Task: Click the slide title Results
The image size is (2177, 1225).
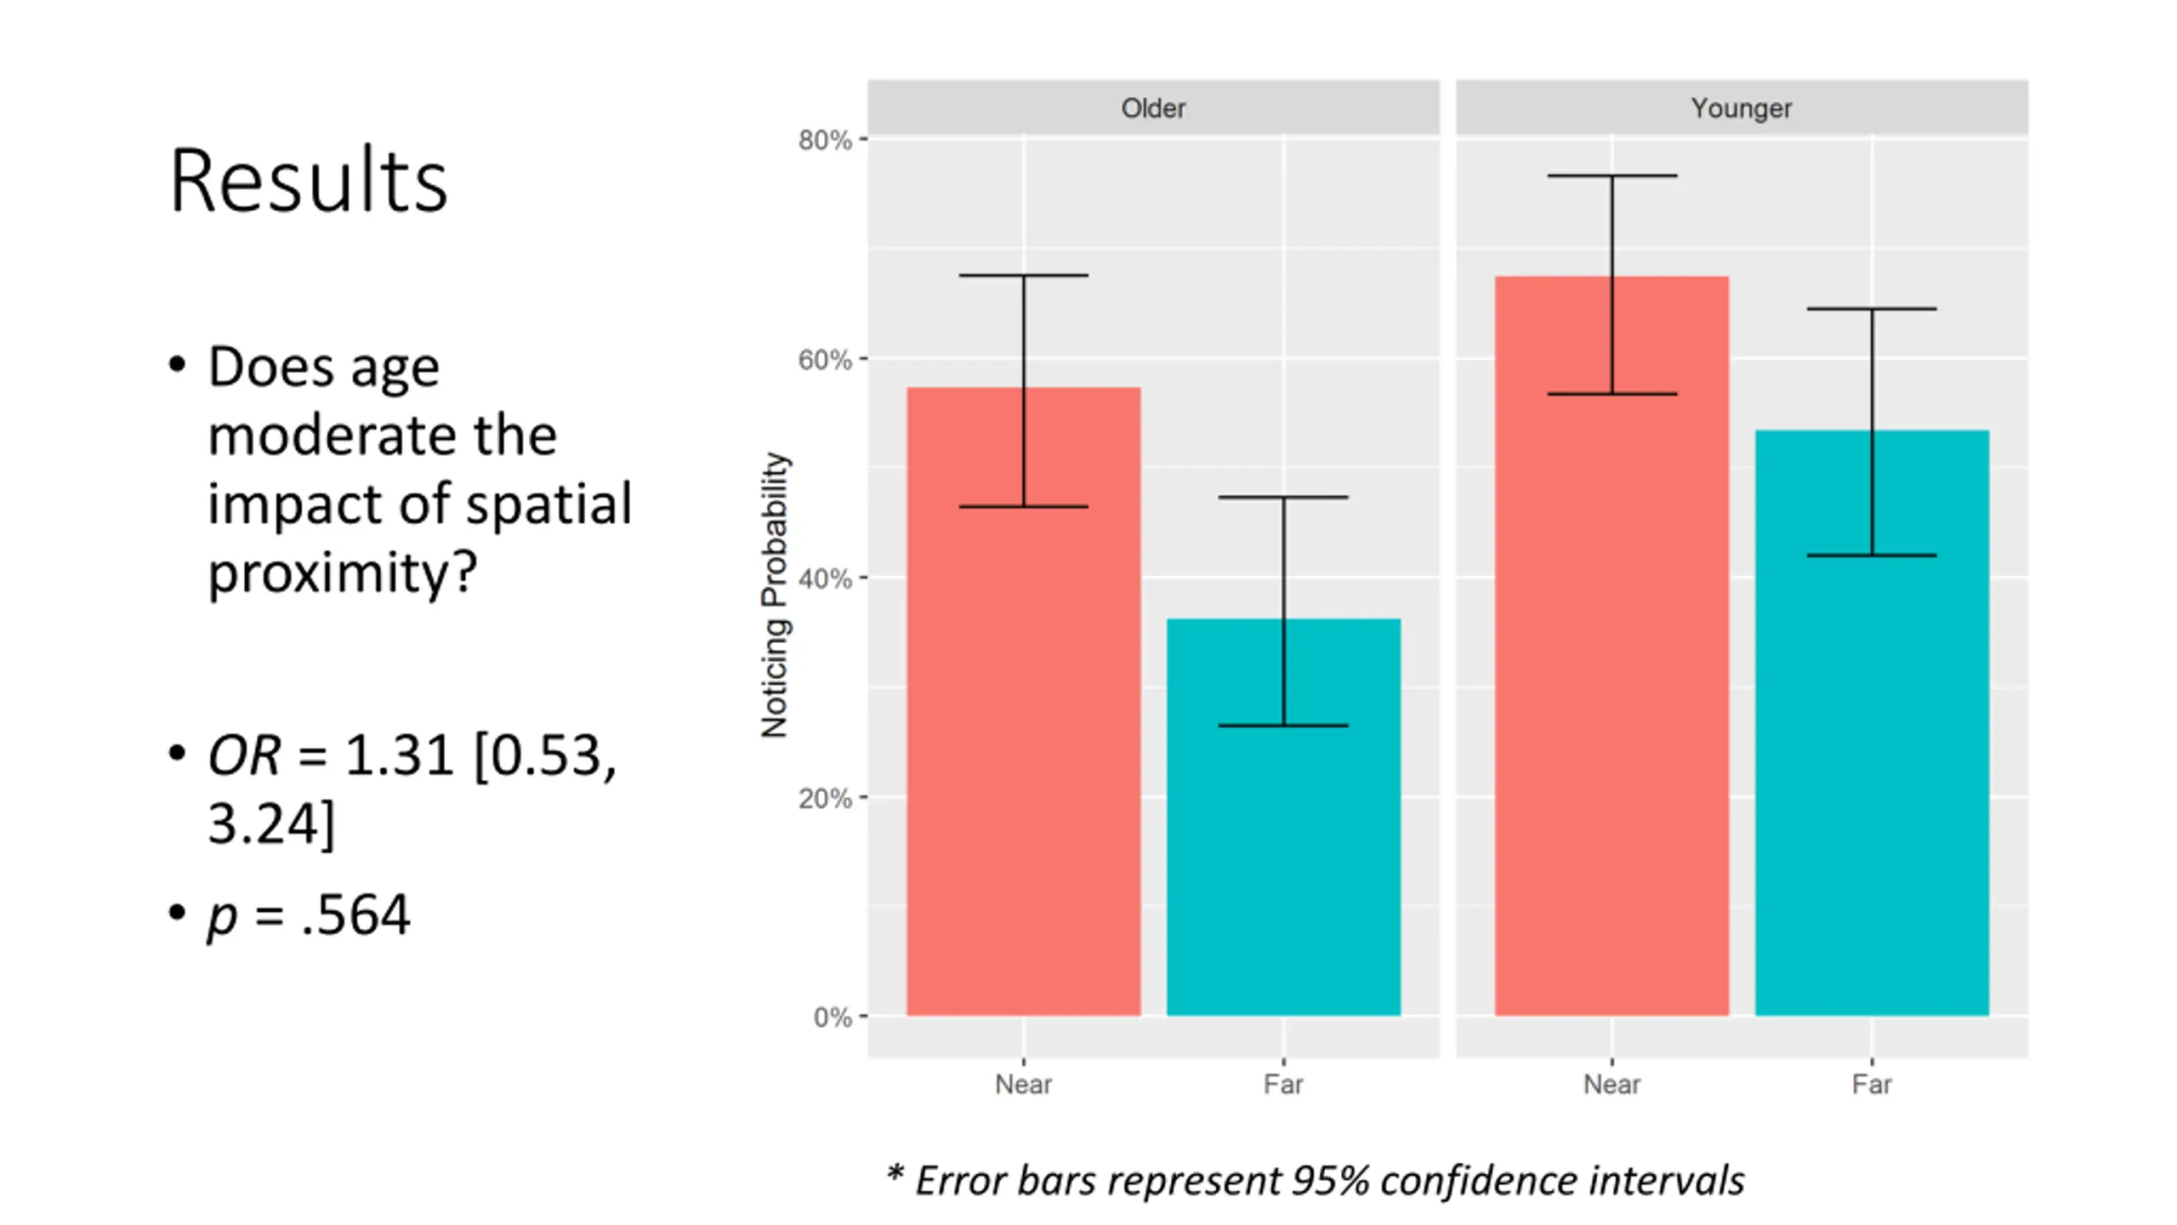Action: click(x=308, y=180)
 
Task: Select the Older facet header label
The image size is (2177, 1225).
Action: click(x=1152, y=108)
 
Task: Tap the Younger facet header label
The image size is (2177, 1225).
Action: click(x=1741, y=108)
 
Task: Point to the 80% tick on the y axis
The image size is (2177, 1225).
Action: click(x=824, y=140)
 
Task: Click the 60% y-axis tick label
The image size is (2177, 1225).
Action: click(x=824, y=360)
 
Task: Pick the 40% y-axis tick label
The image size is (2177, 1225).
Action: click(x=824, y=579)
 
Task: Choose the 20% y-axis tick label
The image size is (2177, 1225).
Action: click(x=824, y=798)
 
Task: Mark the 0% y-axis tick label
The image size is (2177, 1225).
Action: click(x=832, y=1017)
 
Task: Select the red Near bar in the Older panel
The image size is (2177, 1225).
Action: click(x=1023, y=766)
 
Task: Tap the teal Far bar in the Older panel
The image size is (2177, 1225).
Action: click(x=1283, y=851)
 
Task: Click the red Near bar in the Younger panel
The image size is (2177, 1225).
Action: click(x=1611, y=723)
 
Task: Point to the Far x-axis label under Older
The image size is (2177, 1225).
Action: click(x=1282, y=1085)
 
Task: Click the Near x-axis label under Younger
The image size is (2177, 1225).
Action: click(x=1611, y=1085)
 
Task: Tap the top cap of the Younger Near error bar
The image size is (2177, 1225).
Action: click(x=1611, y=176)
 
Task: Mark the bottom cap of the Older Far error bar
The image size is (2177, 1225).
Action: click(x=1283, y=726)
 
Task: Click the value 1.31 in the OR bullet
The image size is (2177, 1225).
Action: click(x=399, y=755)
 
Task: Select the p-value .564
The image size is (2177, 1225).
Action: click(x=355, y=915)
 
